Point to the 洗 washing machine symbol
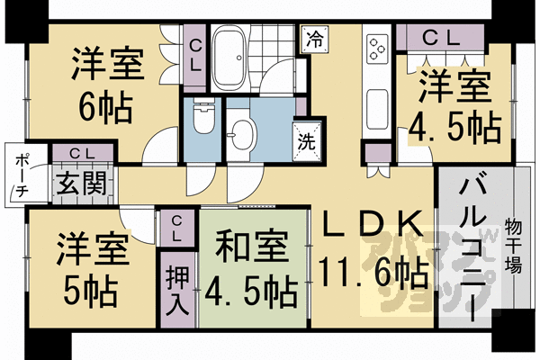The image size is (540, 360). pyautogui.click(x=306, y=140)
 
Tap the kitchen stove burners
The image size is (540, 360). pyautogui.click(x=376, y=47)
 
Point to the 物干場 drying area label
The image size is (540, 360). pyautogui.click(x=515, y=244)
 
